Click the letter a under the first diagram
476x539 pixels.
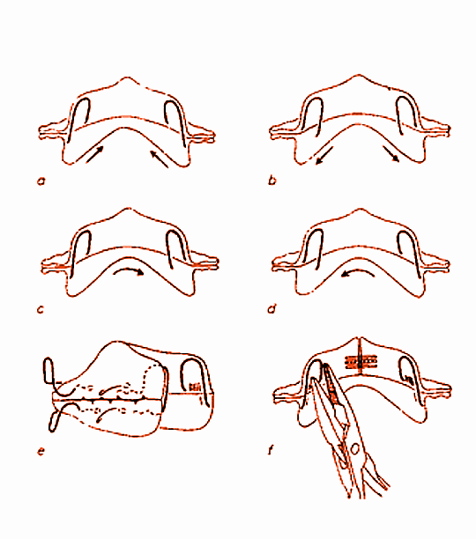pyautogui.click(x=41, y=181)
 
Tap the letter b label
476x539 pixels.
pyautogui.click(x=271, y=181)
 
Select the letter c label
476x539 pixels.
pyautogui.click(x=41, y=310)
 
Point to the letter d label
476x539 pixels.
pyautogui.click(x=272, y=309)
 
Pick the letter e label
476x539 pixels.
pyautogui.click(x=41, y=451)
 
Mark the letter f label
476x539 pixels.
pyautogui.click(x=271, y=450)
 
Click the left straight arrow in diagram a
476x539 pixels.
pyautogui.click(x=94, y=154)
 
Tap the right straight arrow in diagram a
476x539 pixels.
pyautogui.click(x=159, y=159)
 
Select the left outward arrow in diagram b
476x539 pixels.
pyautogui.click(x=324, y=155)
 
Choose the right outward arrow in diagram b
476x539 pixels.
pyautogui.click(x=391, y=153)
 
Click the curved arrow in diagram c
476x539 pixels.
pyautogui.click(x=129, y=270)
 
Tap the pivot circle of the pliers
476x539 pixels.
pyautogui.click(x=355, y=448)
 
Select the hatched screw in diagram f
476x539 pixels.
pyautogui.click(x=361, y=362)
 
